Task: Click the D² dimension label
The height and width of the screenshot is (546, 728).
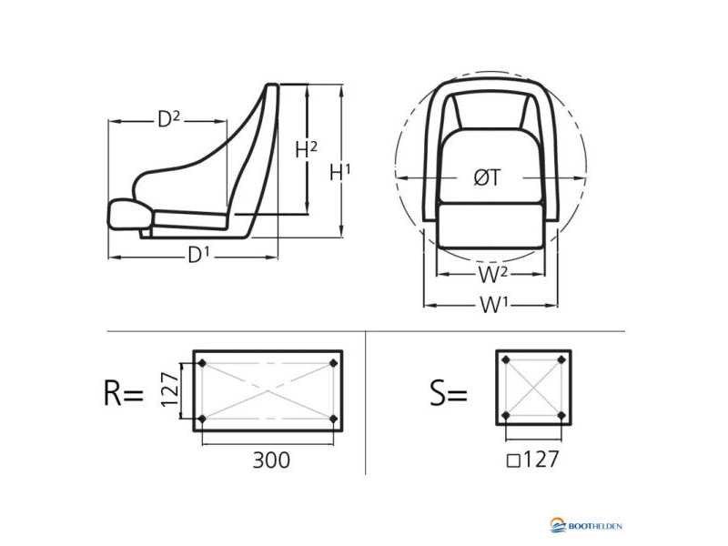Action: (168, 119)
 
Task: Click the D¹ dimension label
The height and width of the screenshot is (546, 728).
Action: (198, 255)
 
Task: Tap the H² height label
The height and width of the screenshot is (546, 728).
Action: (307, 149)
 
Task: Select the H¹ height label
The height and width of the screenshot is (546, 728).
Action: (339, 172)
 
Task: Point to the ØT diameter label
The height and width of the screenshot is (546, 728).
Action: (488, 177)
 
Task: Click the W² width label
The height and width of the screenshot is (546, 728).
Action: (492, 275)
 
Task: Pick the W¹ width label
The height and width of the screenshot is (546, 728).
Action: (494, 305)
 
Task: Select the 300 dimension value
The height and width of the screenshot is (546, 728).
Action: (271, 460)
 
